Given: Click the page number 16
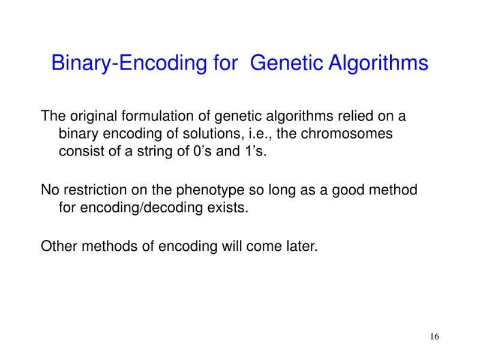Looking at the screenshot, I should tap(434, 337).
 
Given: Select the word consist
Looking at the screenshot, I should tap(79, 151).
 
